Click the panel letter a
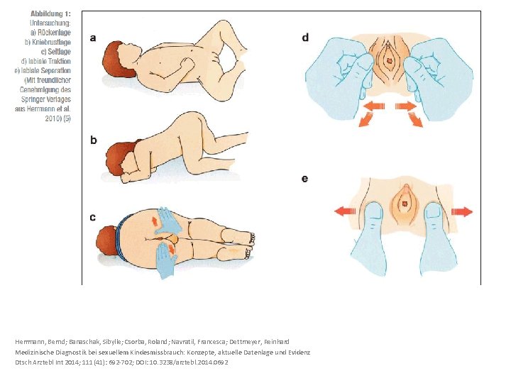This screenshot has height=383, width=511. tap(93, 38)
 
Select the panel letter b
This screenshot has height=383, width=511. tap(94, 140)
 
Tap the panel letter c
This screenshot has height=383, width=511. tap(93, 217)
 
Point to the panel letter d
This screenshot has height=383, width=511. tap(305, 38)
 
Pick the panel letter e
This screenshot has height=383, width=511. tap(304, 179)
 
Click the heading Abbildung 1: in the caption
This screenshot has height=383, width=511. tap(50, 13)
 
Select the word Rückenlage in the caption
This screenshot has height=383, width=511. tap(54, 33)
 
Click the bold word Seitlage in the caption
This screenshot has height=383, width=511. tap(60, 52)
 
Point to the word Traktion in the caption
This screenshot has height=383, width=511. tap(60, 61)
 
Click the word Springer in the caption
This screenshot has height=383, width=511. tap(32, 99)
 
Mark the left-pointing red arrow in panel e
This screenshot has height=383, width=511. tap(346, 211)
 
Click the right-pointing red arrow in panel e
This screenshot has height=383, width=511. tap(462, 211)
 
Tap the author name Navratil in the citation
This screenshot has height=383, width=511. tap(184, 342)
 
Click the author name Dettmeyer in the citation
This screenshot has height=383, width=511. tap(243, 342)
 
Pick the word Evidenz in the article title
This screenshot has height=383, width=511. tap(300, 352)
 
